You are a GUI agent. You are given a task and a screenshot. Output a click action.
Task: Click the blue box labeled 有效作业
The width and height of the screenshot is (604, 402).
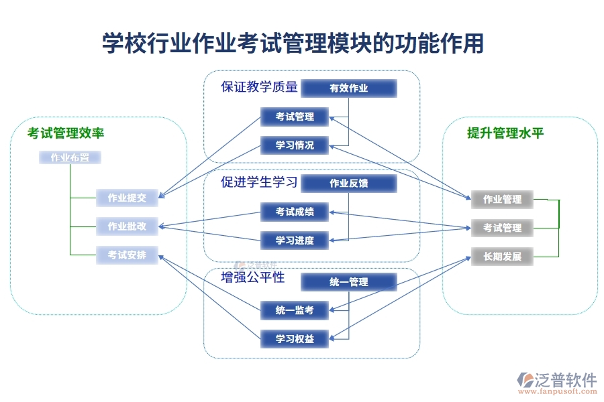point(348,88)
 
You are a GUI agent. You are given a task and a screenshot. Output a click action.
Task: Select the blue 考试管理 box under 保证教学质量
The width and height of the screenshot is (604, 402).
point(295,117)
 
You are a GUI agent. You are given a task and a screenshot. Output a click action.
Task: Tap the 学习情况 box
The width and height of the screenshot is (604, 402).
point(295,145)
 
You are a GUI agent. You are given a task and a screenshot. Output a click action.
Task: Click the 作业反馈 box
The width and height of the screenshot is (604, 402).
point(348,183)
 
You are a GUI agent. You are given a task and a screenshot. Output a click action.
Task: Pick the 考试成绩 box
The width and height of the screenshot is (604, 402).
point(295,212)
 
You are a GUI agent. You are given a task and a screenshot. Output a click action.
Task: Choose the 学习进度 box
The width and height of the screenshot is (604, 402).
point(295,241)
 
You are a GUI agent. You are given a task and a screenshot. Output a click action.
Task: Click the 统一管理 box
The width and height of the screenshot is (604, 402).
point(348,282)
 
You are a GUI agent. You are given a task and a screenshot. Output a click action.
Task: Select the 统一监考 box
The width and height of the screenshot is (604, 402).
point(295,310)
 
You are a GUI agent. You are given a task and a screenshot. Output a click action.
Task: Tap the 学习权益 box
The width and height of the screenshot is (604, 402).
point(295,339)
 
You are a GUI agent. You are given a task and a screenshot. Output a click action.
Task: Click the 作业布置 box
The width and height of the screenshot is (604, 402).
point(70,158)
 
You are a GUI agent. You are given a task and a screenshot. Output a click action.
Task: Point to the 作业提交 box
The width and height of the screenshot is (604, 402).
point(127,198)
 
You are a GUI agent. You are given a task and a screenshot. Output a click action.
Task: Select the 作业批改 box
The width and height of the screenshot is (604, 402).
point(127,226)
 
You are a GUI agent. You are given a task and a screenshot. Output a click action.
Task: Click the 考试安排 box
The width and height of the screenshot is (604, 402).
point(127,255)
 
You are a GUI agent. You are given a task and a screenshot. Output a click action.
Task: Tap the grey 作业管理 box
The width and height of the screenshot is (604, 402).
point(502,199)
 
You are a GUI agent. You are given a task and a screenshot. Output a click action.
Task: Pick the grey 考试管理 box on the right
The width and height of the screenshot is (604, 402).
point(502,228)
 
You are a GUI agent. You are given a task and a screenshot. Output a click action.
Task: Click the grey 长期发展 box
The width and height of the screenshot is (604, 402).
point(502,257)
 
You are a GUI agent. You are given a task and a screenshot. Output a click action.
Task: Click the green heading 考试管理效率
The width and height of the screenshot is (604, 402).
point(66,133)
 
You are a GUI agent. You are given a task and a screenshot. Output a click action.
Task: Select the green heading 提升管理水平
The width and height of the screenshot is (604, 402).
point(505,133)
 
